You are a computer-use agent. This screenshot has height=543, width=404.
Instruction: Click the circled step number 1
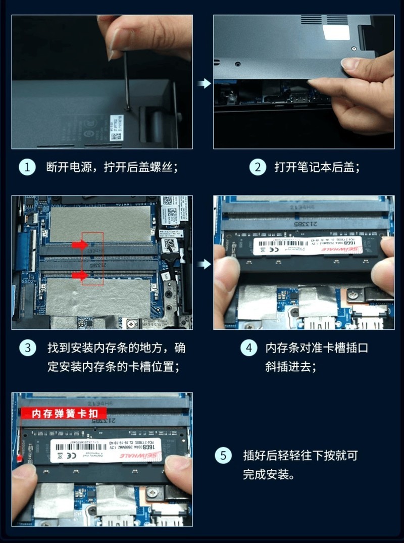click(x=27, y=167)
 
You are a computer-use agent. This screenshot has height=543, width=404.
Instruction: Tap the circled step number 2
click(x=258, y=167)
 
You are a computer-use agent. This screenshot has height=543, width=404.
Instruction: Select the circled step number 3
click(x=27, y=348)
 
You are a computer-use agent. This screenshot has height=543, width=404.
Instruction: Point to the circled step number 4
click(x=248, y=348)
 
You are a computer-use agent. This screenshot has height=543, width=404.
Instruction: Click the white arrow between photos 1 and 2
click(x=204, y=83)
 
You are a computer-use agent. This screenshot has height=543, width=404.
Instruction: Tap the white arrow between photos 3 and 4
click(x=204, y=264)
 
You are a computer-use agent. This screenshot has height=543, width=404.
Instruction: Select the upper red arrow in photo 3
click(x=79, y=245)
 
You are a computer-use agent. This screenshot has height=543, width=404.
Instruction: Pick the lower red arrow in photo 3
click(x=79, y=275)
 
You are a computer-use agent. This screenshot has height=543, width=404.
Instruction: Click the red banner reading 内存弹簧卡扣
click(x=64, y=414)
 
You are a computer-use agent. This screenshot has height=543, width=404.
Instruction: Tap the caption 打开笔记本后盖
click(x=317, y=167)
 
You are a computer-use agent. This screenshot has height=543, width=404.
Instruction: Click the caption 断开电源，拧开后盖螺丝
click(x=112, y=167)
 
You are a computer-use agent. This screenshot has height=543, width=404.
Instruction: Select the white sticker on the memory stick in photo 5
click(x=106, y=449)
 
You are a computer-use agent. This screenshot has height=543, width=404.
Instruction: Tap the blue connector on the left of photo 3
click(x=23, y=250)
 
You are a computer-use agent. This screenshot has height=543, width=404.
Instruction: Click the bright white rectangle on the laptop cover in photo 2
click(x=336, y=32)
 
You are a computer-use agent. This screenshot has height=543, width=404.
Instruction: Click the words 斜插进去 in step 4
click(x=288, y=367)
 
